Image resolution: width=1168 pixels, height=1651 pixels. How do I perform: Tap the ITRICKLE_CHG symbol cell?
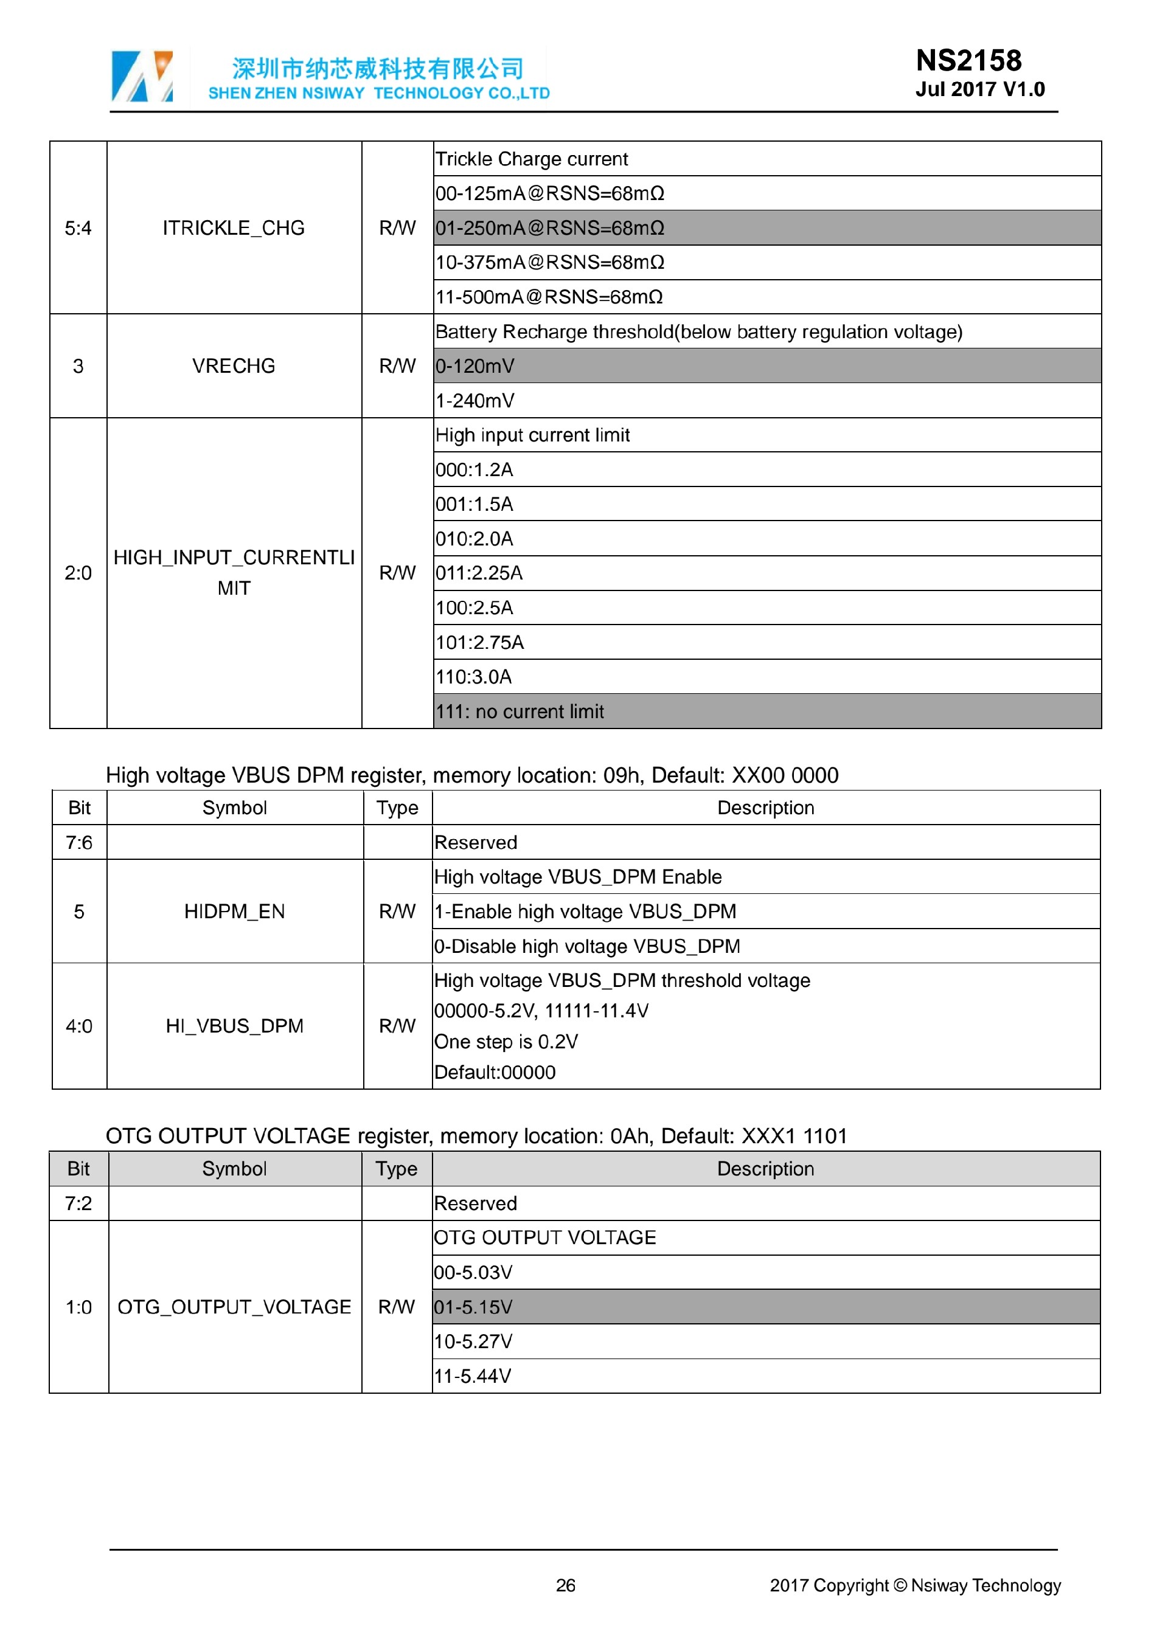coord(234,228)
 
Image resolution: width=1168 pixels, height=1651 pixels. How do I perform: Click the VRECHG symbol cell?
coord(234,366)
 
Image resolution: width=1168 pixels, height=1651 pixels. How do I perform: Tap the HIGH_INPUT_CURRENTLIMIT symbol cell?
coord(234,573)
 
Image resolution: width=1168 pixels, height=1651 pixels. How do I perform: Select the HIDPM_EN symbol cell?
coord(234,911)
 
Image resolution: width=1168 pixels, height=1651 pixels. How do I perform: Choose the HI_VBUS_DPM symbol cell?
coord(234,1025)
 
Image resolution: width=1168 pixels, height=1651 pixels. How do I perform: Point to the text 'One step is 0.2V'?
coord(506,1041)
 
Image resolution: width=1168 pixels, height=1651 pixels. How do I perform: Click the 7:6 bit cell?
coord(79,842)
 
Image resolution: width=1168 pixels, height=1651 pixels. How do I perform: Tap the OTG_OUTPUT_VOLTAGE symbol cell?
coord(234,1307)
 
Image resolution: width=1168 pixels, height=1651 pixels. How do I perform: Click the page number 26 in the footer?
coord(565,1585)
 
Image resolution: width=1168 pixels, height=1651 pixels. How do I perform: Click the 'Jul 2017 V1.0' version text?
coord(979,89)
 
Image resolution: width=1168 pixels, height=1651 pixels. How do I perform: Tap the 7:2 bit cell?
coord(78,1203)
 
